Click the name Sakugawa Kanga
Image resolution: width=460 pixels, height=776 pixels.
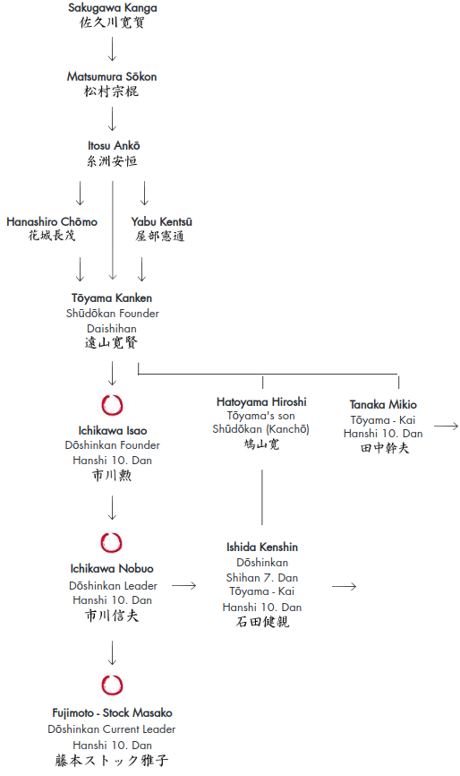[x=113, y=8]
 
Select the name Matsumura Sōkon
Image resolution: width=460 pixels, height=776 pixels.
[x=112, y=77]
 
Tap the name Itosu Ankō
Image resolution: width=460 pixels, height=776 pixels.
[x=114, y=145]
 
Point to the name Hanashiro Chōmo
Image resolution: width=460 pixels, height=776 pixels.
[x=52, y=221]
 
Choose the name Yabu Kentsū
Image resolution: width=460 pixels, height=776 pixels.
[x=162, y=221]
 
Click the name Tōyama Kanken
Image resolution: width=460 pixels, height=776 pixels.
[x=112, y=297]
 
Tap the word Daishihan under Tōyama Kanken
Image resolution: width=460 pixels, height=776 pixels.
[x=112, y=329]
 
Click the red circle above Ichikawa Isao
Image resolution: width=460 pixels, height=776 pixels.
[x=112, y=405]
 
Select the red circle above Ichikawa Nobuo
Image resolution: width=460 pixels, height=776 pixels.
[x=112, y=543]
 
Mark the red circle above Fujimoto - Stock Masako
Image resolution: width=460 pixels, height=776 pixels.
[x=112, y=685]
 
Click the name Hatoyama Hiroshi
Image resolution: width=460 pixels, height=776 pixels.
[x=261, y=401]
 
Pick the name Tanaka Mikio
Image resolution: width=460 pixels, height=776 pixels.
[x=383, y=405]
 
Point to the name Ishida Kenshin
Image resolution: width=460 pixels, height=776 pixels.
[x=262, y=548]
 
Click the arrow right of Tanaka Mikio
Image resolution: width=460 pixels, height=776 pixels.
[x=447, y=427]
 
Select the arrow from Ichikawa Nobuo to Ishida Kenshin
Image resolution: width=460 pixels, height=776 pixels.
[x=183, y=586]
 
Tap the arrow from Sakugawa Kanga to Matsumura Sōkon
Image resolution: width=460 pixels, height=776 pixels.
[x=112, y=48]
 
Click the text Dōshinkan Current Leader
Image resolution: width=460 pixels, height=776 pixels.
[x=112, y=729]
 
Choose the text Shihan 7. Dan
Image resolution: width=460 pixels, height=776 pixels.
[x=262, y=578]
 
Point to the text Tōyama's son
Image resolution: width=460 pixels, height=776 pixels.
[x=261, y=416]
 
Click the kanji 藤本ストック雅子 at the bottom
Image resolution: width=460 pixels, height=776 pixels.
[x=112, y=761]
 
